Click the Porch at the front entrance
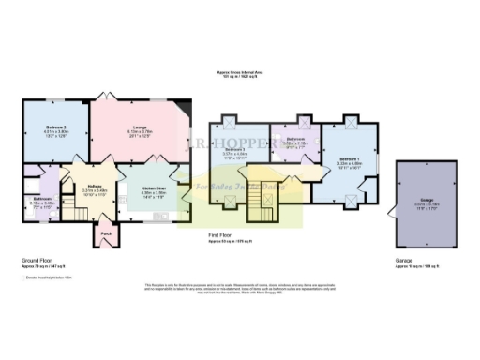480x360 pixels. click(105, 232)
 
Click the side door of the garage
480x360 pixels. click(388, 201)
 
